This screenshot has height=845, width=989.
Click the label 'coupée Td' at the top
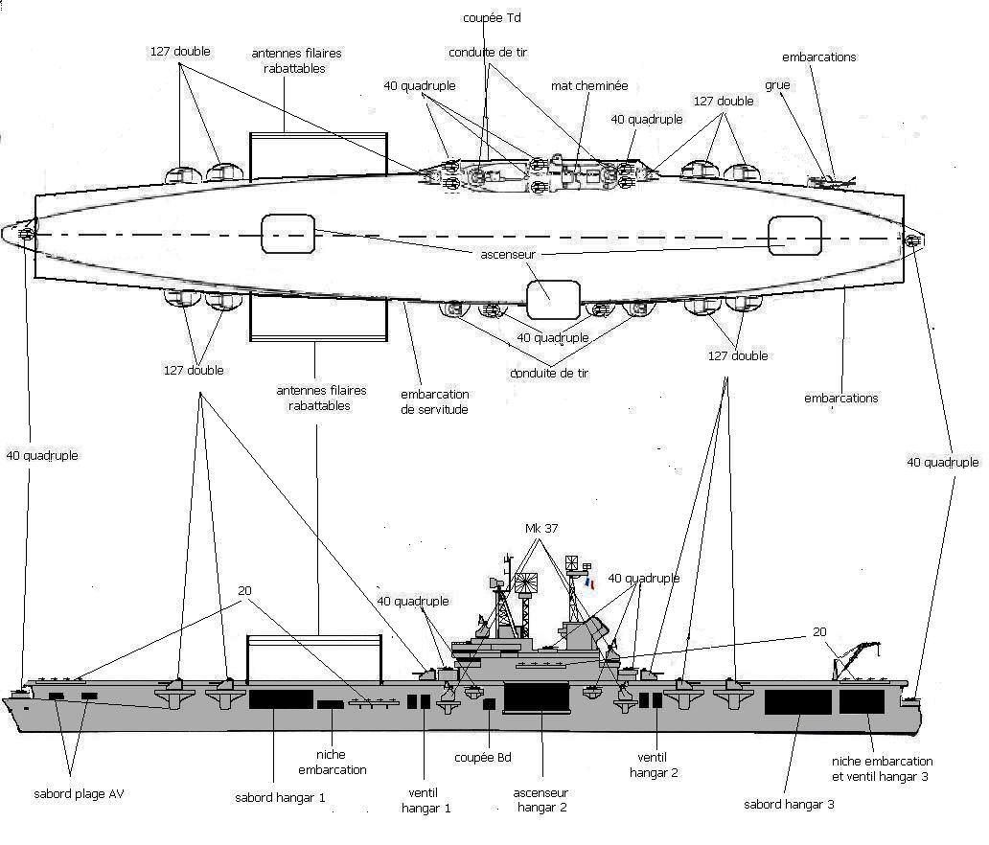(x=491, y=17)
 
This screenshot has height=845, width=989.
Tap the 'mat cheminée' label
(x=589, y=86)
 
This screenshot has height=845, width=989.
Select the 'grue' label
(x=777, y=84)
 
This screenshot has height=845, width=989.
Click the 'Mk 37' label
(x=541, y=529)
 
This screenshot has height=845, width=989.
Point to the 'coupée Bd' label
(x=483, y=758)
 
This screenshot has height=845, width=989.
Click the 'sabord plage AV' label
(x=79, y=794)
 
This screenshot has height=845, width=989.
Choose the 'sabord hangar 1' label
(x=280, y=797)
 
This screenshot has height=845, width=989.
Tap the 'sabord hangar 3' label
(x=789, y=804)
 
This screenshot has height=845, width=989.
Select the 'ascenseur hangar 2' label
(x=541, y=800)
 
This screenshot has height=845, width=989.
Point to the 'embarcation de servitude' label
(x=434, y=401)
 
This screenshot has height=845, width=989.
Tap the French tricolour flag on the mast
(x=589, y=582)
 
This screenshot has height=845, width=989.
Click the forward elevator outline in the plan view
(x=287, y=235)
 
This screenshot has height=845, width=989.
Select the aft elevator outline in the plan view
(x=794, y=236)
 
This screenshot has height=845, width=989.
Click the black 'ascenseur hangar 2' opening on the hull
(x=538, y=697)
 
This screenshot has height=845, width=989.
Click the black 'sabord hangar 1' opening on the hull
(x=281, y=698)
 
